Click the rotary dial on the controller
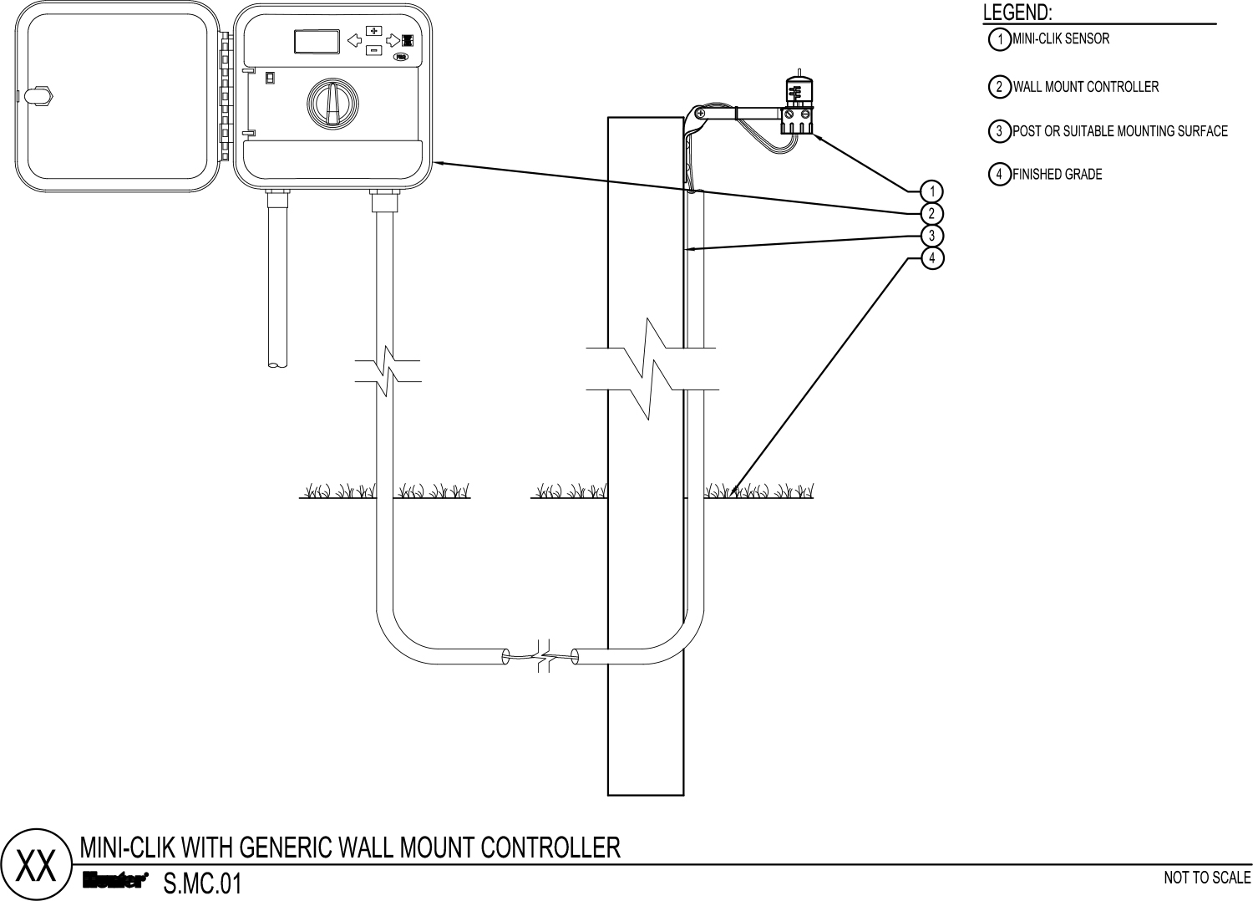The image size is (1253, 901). point(332,104)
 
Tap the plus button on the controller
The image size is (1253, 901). point(373,30)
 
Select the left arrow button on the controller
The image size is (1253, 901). point(355,40)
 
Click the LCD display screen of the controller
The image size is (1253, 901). point(317,42)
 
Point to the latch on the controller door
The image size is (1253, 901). point(38,95)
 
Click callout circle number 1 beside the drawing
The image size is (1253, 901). point(932,191)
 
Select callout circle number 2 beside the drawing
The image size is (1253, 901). point(932,214)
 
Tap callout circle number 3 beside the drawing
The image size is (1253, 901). point(932,236)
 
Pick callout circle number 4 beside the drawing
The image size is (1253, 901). point(932,258)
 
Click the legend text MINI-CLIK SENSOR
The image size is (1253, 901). point(1061,38)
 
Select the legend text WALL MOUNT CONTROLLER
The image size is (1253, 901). point(1086,87)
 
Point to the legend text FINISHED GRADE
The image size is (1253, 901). point(1058,174)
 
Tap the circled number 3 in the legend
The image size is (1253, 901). point(1000,131)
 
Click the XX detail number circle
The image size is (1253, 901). point(37,864)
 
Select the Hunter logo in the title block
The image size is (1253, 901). point(115,880)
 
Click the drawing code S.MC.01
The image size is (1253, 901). point(202,884)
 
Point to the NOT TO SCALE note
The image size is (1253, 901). point(1207,878)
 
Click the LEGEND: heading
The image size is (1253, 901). point(1017,13)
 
